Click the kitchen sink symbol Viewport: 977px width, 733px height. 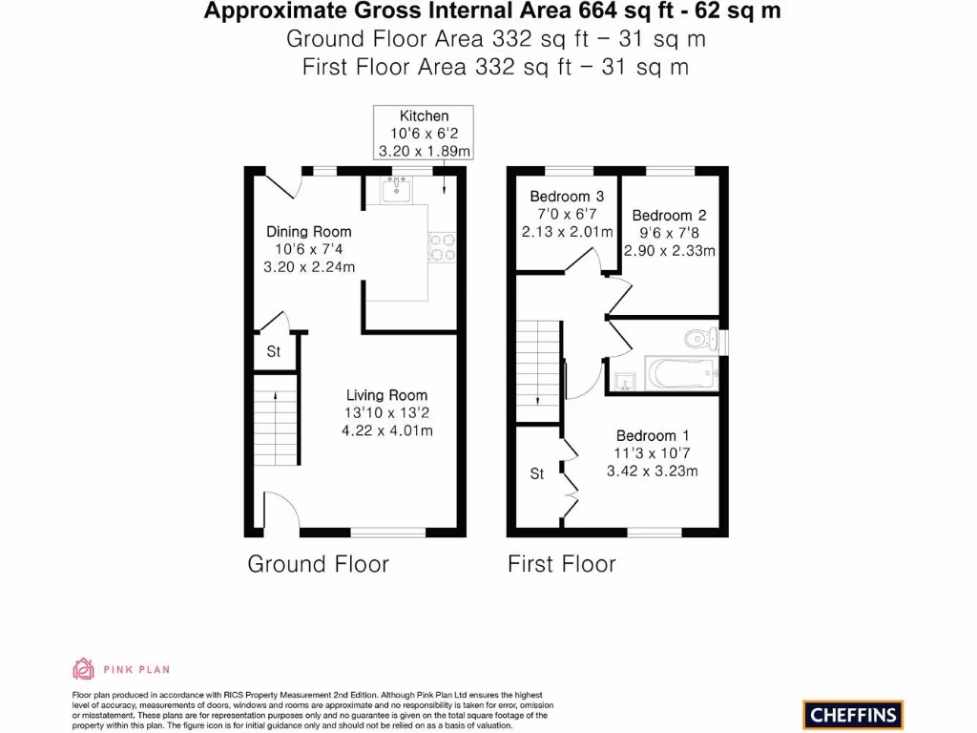click(x=396, y=191)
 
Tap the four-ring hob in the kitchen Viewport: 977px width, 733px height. click(x=443, y=246)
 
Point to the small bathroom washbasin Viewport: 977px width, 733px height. click(x=624, y=382)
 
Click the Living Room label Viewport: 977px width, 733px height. click(x=386, y=395)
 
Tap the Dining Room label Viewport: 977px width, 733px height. click(x=308, y=231)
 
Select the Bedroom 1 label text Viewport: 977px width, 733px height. click(x=652, y=435)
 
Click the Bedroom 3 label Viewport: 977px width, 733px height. click(x=566, y=197)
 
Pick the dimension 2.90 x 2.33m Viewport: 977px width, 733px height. click(x=669, y=250)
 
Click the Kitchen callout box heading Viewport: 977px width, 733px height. click(x=424, y=116)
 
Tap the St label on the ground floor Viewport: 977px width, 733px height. click(x=274, y=352)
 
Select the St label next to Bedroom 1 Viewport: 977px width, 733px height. click(x=537, y=473)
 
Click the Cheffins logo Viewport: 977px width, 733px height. click(x=852, y=713)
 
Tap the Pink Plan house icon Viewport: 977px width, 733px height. click(x=83, y=668)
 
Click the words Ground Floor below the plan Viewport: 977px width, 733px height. click(x=318, y=564)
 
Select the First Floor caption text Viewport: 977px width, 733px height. click(x=561, y=564)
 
